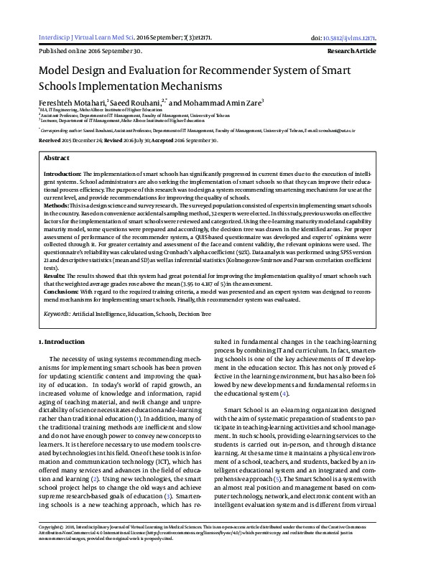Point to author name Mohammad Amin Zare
(x=225, y=102)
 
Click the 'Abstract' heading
(x=57, y=157)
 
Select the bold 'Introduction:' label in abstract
(x=62, y=174)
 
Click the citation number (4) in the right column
(x=284, y=394)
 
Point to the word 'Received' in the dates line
(x=50, y=141)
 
